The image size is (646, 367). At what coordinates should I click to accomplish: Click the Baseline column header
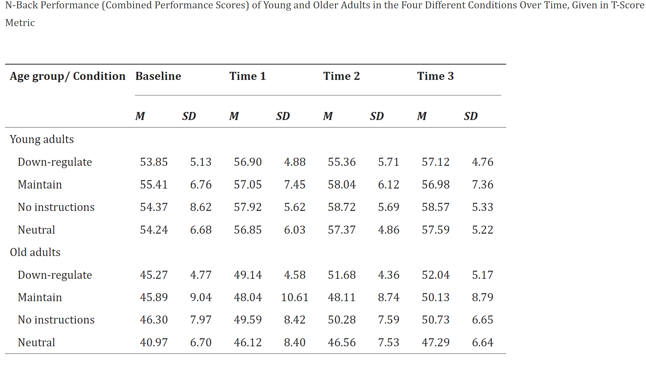pyautogui.click(x=158, y=76)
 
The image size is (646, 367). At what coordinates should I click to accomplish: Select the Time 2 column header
pyautogui.click(x=341, y=76)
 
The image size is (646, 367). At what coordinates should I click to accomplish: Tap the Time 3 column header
pyautogui.click(x=435, y=76)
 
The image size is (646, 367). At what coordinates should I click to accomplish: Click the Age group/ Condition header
pyautogui.click(x=68, y=76)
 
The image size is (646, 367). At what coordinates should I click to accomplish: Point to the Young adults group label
pyautogui.click(x=42, y=139)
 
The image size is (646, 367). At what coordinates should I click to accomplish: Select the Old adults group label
pyautogui.click(x=35, y=252)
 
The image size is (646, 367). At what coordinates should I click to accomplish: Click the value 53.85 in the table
pyautogui.click(x=154, y=162)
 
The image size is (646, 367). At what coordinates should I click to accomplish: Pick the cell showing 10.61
pyautogui.click(x=295, y=297)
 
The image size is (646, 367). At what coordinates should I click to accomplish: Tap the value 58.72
pyautogui.click(x=342, y=207)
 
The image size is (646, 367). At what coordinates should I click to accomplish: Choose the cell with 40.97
pyautogui.click(x=154, y=343)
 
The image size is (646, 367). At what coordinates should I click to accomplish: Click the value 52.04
pyautogui.click(x=436, y=275)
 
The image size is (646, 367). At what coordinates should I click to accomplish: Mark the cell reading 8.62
pyautogui.click(x=201, y=207)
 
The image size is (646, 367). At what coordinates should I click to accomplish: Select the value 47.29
pyautogui.click(x=436, y=343)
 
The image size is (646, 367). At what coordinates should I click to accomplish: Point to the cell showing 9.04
pyautogui.click(x=201, y=297)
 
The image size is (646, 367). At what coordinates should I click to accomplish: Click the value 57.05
pyautogui.click(x=248, y=185)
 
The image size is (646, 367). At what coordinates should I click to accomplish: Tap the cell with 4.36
pyautogui.click(x=389, y=275)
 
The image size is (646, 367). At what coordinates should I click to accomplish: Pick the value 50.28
pyautogui.click(x=342, y=320)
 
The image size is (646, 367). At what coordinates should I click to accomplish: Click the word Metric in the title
pyautogui.click(x=20, y=23)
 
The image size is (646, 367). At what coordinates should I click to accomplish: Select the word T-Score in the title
pyautogui.click(x=628, y=5)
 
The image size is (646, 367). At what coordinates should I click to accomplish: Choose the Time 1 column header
pyautogui.click(x=247, y=76)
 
